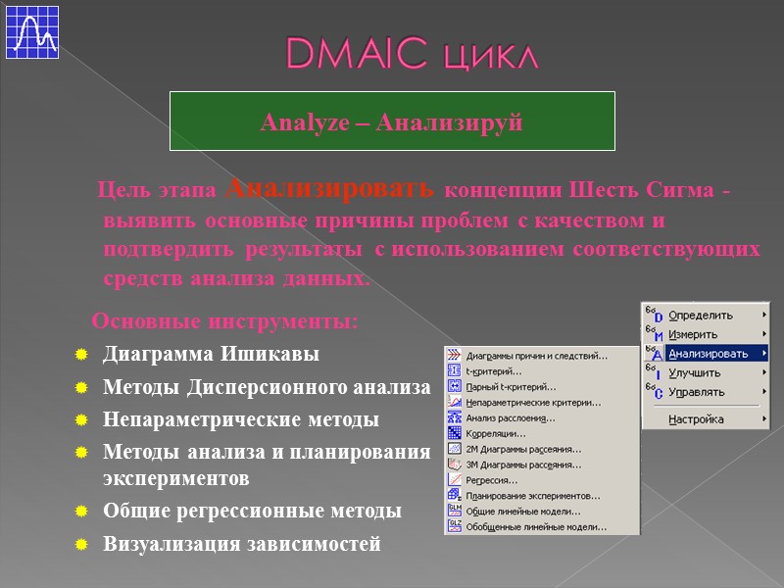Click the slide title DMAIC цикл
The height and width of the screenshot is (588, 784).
click(412, 55)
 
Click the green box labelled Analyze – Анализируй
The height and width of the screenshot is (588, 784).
click(392, 122)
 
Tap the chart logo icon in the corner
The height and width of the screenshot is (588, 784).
click(32, 30)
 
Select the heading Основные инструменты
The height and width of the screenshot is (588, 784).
click(224, 321)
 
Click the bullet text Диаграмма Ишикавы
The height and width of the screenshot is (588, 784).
click(211, 354)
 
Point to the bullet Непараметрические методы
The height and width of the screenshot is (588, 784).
click(240, 419)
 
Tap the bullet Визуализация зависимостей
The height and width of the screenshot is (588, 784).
click(241, 544)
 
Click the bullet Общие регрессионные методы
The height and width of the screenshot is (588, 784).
click(252, 511)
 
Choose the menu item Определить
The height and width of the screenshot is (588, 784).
click(700, 316)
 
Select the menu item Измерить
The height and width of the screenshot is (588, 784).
click(693, 334)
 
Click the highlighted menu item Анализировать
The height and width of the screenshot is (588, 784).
click(708, 354)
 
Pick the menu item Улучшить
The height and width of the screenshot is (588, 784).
click(694, 373)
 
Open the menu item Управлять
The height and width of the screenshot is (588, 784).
click(696, 392)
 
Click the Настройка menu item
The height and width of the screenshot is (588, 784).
click(696, 419)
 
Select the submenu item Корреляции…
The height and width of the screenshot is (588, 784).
click(496, 433)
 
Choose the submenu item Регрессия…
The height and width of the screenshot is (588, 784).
click(493, 480)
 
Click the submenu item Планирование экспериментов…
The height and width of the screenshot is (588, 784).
click(532, 496)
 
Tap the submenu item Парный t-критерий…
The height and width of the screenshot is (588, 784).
click(511, 386)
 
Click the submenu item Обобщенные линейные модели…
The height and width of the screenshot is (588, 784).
click(535, 527)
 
